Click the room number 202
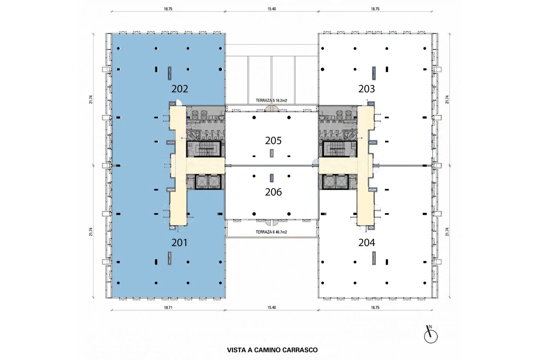click(x=180, y=89)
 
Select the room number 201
click(x=179, y=242)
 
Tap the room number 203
click(x=366, y=89)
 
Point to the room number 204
click(x=366, y=242)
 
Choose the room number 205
click(x=273, y=140)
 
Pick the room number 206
click(x=273, y=192)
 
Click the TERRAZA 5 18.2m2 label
click(x=271, y=100)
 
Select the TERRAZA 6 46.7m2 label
click(x=271, y=232)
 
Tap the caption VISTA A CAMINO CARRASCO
click(x=272, y=350)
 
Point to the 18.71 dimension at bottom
click(x=168, y=308)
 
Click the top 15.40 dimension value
click(x=271, y=9)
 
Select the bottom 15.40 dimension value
click(x=271, y=308)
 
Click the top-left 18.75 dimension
click(x=168, y=9)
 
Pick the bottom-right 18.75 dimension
click(x=375, y=308)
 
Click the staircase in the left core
click(x=204, y=149)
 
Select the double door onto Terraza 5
click(x=271, y=109)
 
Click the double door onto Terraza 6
click(x=271, y=222)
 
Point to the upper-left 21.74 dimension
click(x=91, y=99)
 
